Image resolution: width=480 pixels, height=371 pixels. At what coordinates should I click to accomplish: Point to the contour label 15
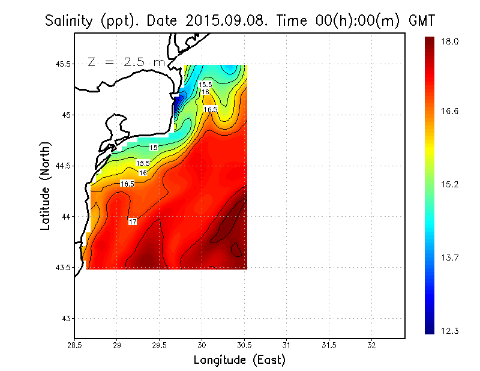(x=154, y=147)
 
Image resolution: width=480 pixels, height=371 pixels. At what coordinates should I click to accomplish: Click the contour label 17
(x=133, y=222)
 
